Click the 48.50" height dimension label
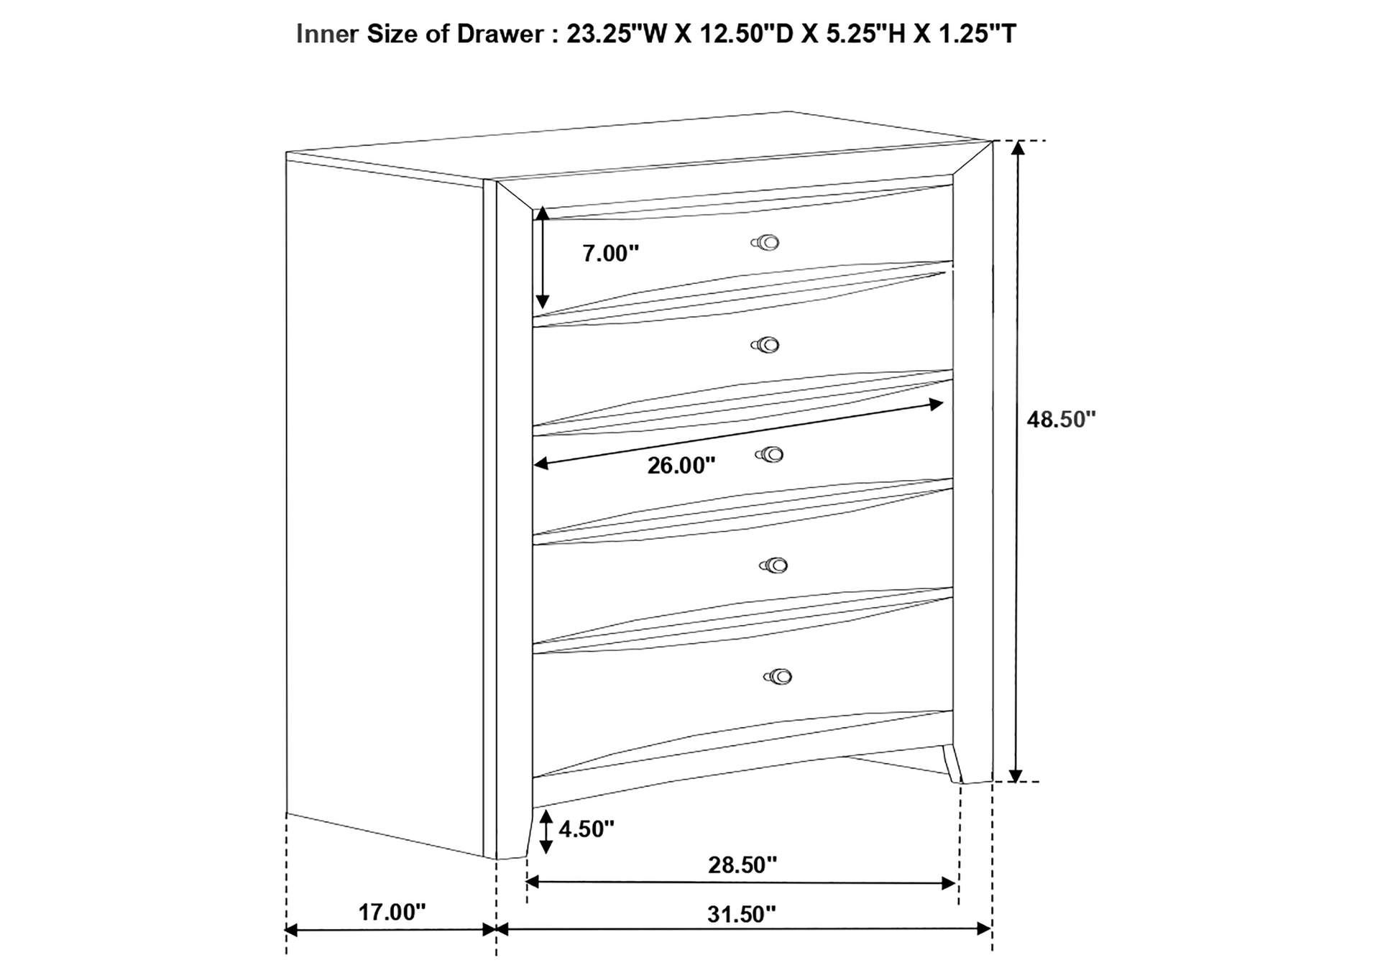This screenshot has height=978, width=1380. [x=1061, y=419]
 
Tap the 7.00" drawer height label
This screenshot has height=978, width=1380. [x=610, y=253]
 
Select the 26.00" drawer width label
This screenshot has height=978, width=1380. [x=681, y=466]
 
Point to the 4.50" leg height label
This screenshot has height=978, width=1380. [x=586, y=829]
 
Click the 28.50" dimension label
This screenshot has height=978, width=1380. [x=742, y=864]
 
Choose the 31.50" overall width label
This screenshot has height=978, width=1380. [x=742, y=914]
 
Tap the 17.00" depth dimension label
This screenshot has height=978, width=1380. [x=392, y=912]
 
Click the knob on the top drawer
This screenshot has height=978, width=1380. [x=766, y=243]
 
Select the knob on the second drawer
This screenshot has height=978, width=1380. [x=766, y=346]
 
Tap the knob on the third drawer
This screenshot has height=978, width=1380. [x=770, y=454]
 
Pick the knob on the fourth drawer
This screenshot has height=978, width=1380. [x=773, y=566]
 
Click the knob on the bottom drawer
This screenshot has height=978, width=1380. [x=778, y=676]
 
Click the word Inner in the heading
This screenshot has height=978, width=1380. [x=327, y=34]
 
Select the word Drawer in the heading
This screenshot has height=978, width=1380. [x=500, y=34]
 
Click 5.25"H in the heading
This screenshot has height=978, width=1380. [x=865, y=34]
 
